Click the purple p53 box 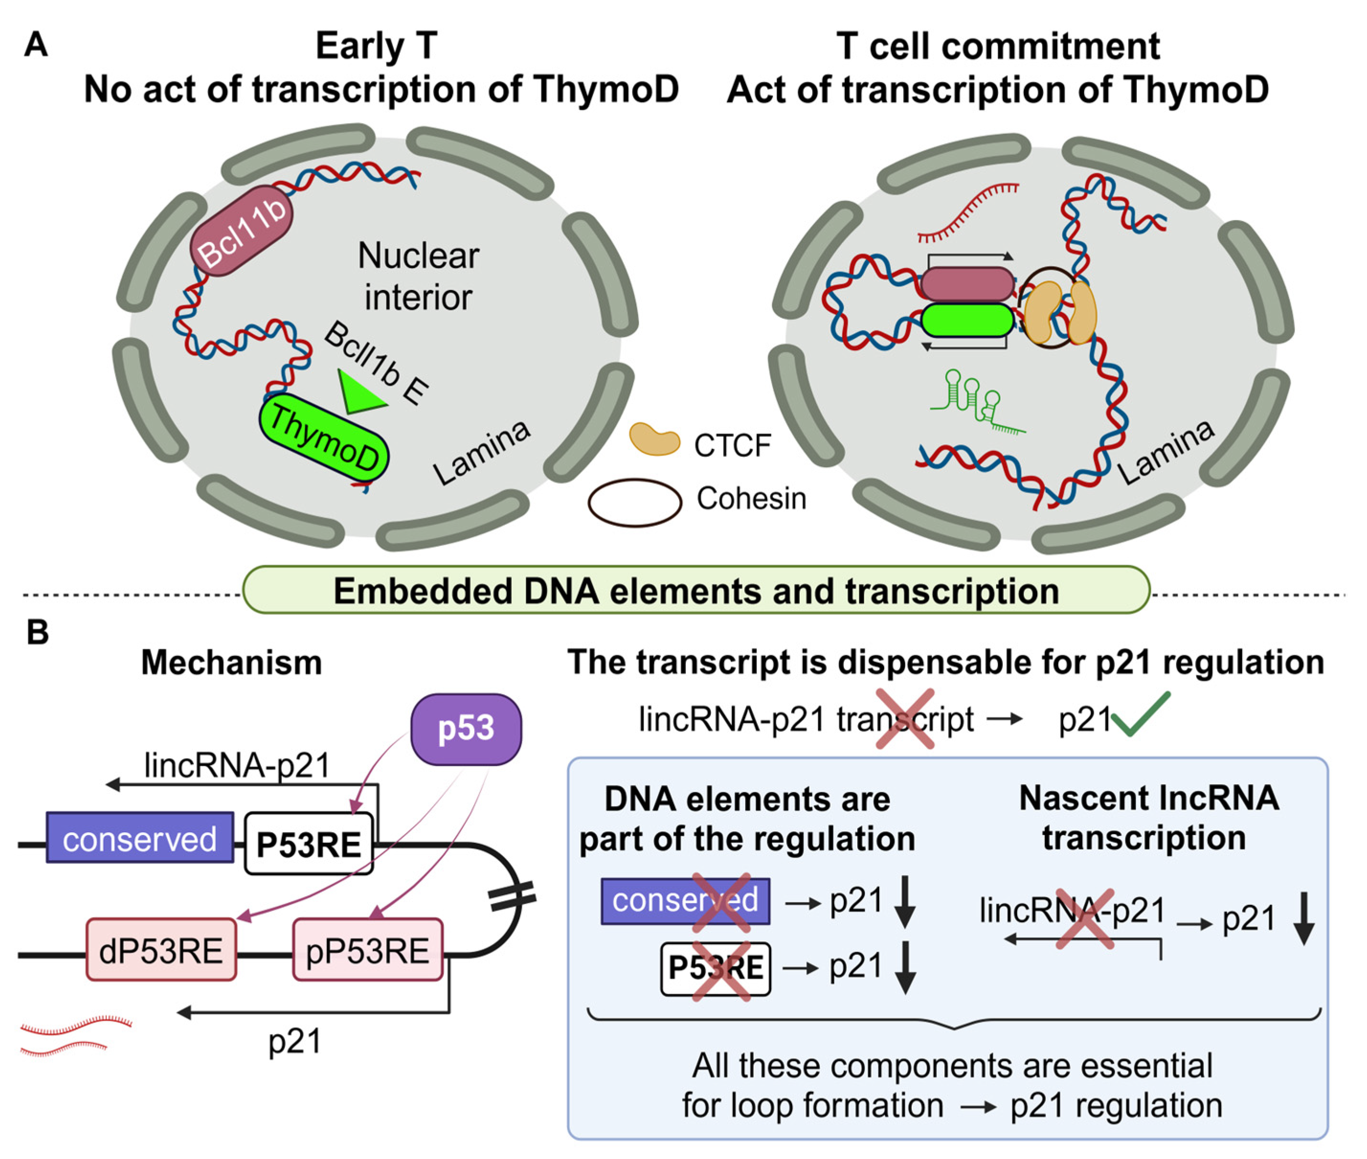coord(466,729)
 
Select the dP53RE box coord(161,950)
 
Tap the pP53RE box coord(368,950)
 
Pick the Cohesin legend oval coord(634,502)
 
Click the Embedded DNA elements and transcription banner coord(696,590)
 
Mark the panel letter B coord(37,632)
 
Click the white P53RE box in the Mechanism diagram coord(309,844)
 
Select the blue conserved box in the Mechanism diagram coord(140,838)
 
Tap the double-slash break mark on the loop coord(513,896)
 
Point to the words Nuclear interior coord(419,276)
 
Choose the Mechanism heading coord(231,662)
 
